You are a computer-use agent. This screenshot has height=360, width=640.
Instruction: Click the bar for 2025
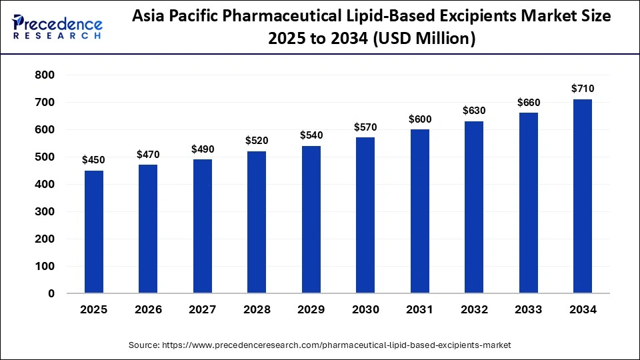tap(94, 232)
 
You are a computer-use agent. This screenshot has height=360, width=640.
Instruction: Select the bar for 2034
tap(583, 196)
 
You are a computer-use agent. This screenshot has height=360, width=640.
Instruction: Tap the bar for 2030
tap(365, 215)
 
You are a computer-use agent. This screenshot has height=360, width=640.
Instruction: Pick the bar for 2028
tap(257, 222)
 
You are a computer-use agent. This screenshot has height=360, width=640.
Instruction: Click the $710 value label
tap(583, 89)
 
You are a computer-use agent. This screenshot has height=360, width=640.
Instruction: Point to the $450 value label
tap(94, 160)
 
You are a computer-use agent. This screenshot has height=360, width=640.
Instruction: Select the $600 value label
tap(420, 119)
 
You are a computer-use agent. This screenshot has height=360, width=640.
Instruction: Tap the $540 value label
tap(311, 135)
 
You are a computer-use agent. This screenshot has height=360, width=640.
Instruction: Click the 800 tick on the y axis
tap(45, 75)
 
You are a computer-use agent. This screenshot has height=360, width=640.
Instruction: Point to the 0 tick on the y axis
tap(51, 293)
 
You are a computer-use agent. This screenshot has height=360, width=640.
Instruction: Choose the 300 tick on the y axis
tap(45, 211)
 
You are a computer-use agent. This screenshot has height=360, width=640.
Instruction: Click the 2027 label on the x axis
tap(203, 310)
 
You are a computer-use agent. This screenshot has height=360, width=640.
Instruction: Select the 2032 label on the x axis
tap(474, 310)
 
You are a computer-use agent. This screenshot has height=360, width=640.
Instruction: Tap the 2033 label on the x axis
tap(529, 310)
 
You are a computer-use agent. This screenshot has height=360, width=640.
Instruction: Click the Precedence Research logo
tap(57, 27)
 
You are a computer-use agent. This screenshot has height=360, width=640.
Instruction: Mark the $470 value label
tap(148, 155)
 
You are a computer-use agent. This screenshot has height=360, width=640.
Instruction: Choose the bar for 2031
tap(420, 211)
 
